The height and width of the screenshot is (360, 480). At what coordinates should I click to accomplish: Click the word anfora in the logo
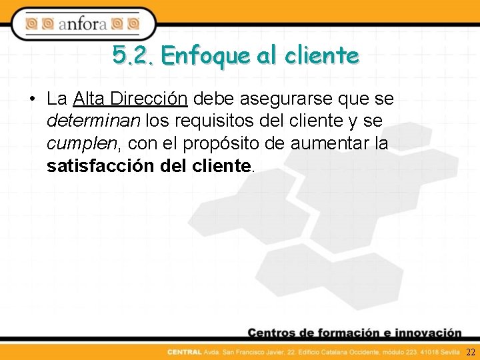[82, 25]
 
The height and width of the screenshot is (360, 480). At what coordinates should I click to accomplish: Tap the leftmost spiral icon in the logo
[31, 25]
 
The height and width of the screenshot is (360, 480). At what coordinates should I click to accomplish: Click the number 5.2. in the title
[133, 55]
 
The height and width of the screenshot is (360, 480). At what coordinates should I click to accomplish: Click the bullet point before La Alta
[32, 100]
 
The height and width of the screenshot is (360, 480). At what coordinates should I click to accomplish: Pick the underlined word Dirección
[149, 99]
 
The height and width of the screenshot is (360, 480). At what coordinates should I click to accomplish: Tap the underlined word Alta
[89, 99]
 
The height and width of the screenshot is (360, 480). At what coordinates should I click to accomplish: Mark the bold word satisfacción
[101, 165]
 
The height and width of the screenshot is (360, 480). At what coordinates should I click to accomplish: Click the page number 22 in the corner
[471, 351]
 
